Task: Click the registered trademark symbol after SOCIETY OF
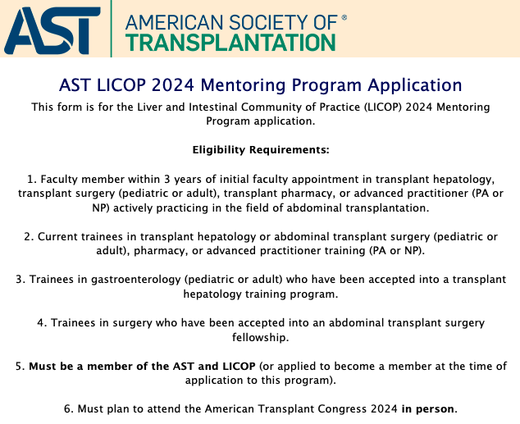(x=343, y=16)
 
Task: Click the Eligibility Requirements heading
(x=260, y=150)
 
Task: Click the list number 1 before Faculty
(x=30, y=179)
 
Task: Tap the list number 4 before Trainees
(x=40, y=322)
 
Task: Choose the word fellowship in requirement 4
(x=260, y=336)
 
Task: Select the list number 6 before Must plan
(x=66, y=408)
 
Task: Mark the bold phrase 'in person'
(x=427, y=408)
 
